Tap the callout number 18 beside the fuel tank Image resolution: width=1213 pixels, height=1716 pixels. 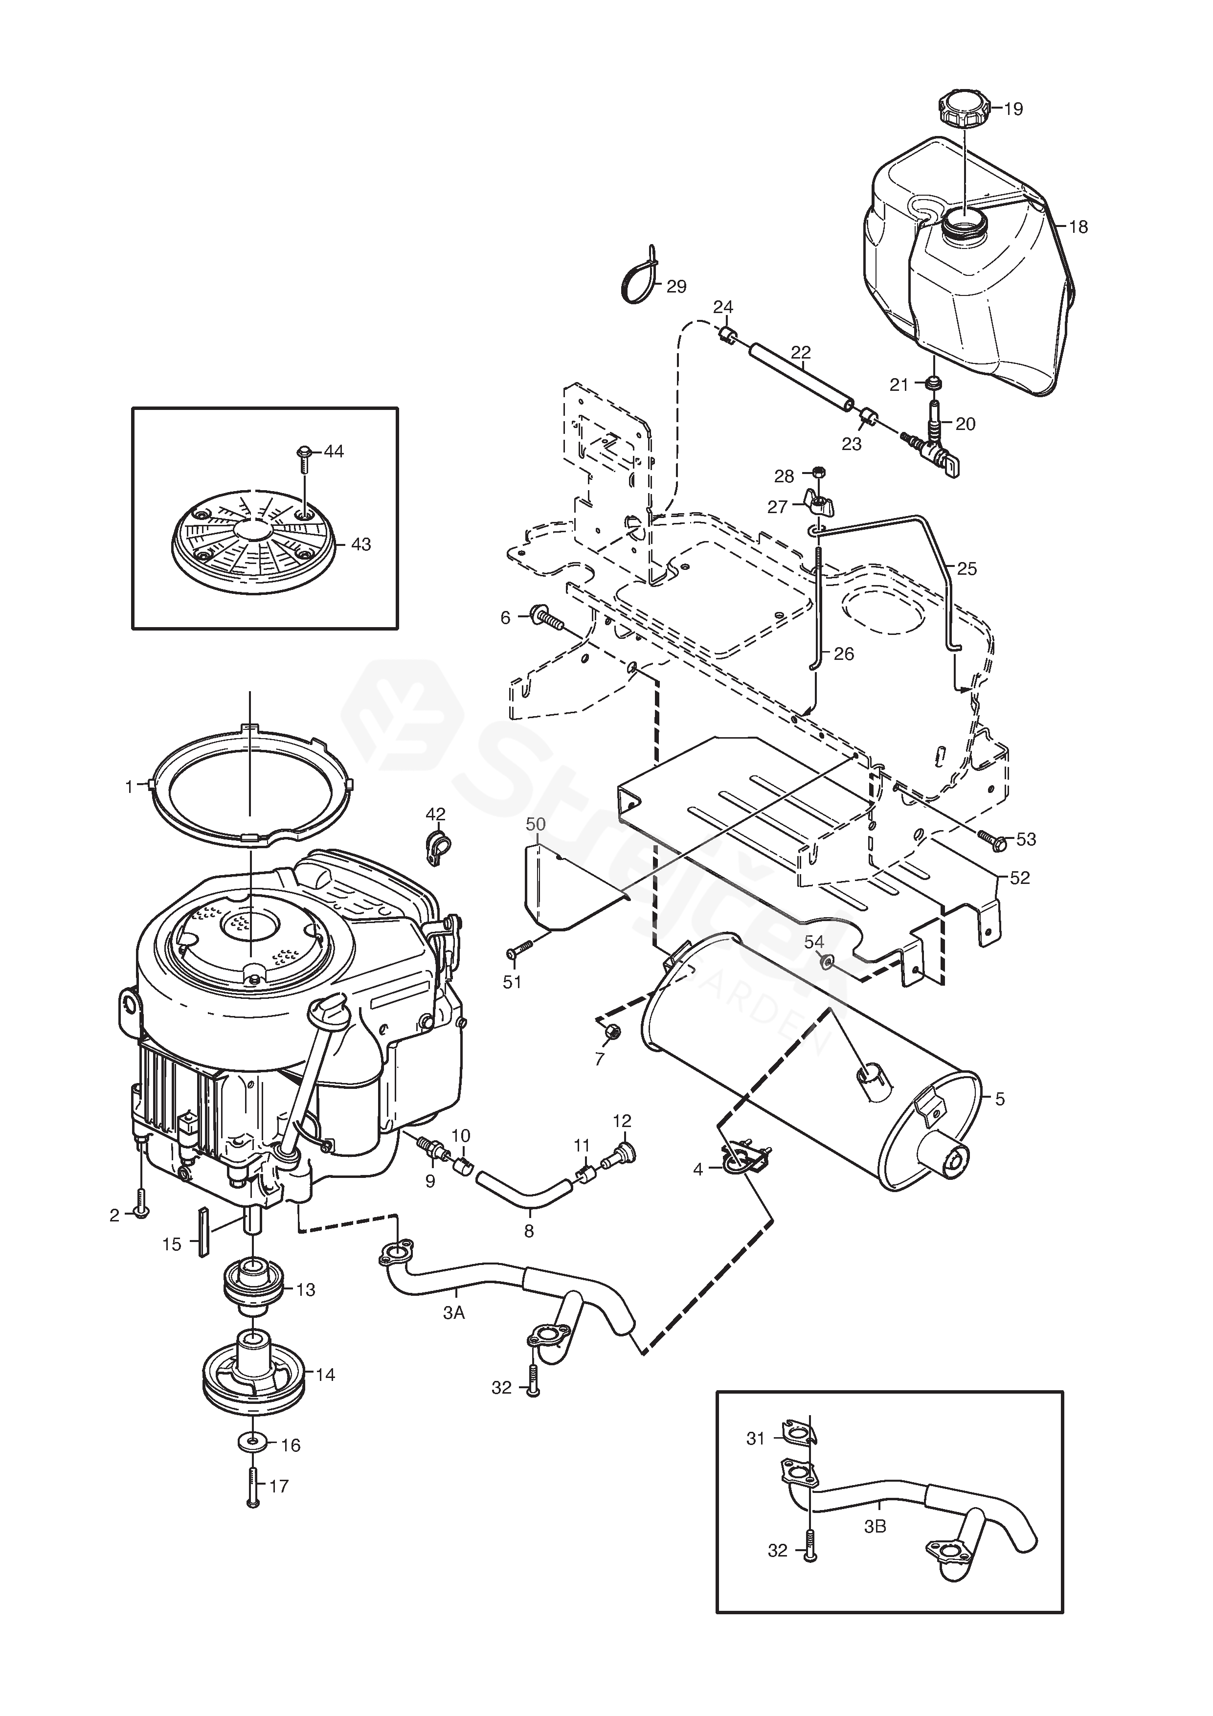click(x=1078, y=226)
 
